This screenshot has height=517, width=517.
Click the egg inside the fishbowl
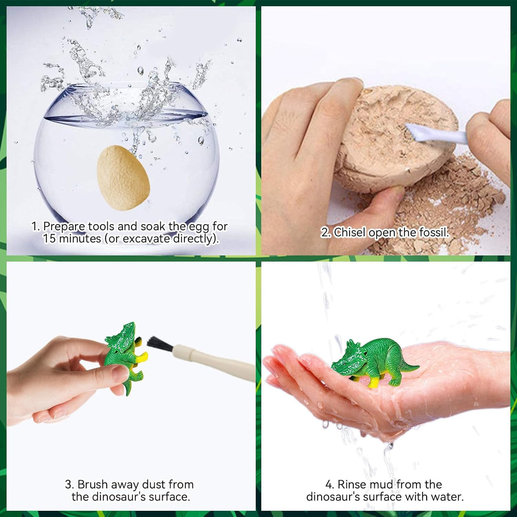point(123,178)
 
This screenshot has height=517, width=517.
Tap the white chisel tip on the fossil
point(416,131)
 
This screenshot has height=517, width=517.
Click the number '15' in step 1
point(49,238)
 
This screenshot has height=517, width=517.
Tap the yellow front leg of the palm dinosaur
point(373,382)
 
